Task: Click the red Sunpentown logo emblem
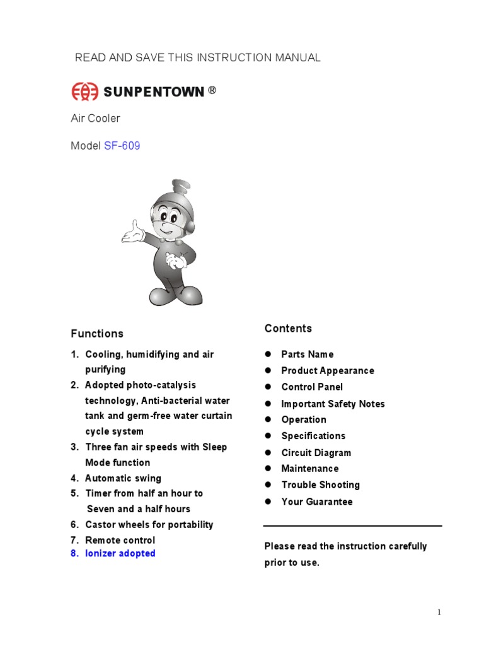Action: tap(85, 92)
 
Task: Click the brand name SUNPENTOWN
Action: tap(154, 92)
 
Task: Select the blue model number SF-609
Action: tap(122, 146)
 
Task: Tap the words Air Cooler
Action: tap(95, 118)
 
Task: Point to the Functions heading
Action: tap(97, 333)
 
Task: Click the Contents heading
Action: tap(288, 328)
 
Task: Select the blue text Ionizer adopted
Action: tap(120, 553)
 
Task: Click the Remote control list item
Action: tap(120, 540)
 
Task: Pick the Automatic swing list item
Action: tap(123, 478)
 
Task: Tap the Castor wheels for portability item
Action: tap(149, 524)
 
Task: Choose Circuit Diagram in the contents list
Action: tap(316, 452)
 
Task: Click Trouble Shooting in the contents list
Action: tap(320, 484)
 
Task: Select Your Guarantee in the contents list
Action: tap(316, 502)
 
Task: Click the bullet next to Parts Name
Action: tap(267, 354)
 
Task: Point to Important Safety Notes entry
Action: tap(333, 404)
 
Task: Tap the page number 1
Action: tap(439, 613)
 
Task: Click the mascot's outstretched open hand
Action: tap(132, 233)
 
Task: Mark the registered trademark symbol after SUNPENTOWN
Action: tap(212, 90)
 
